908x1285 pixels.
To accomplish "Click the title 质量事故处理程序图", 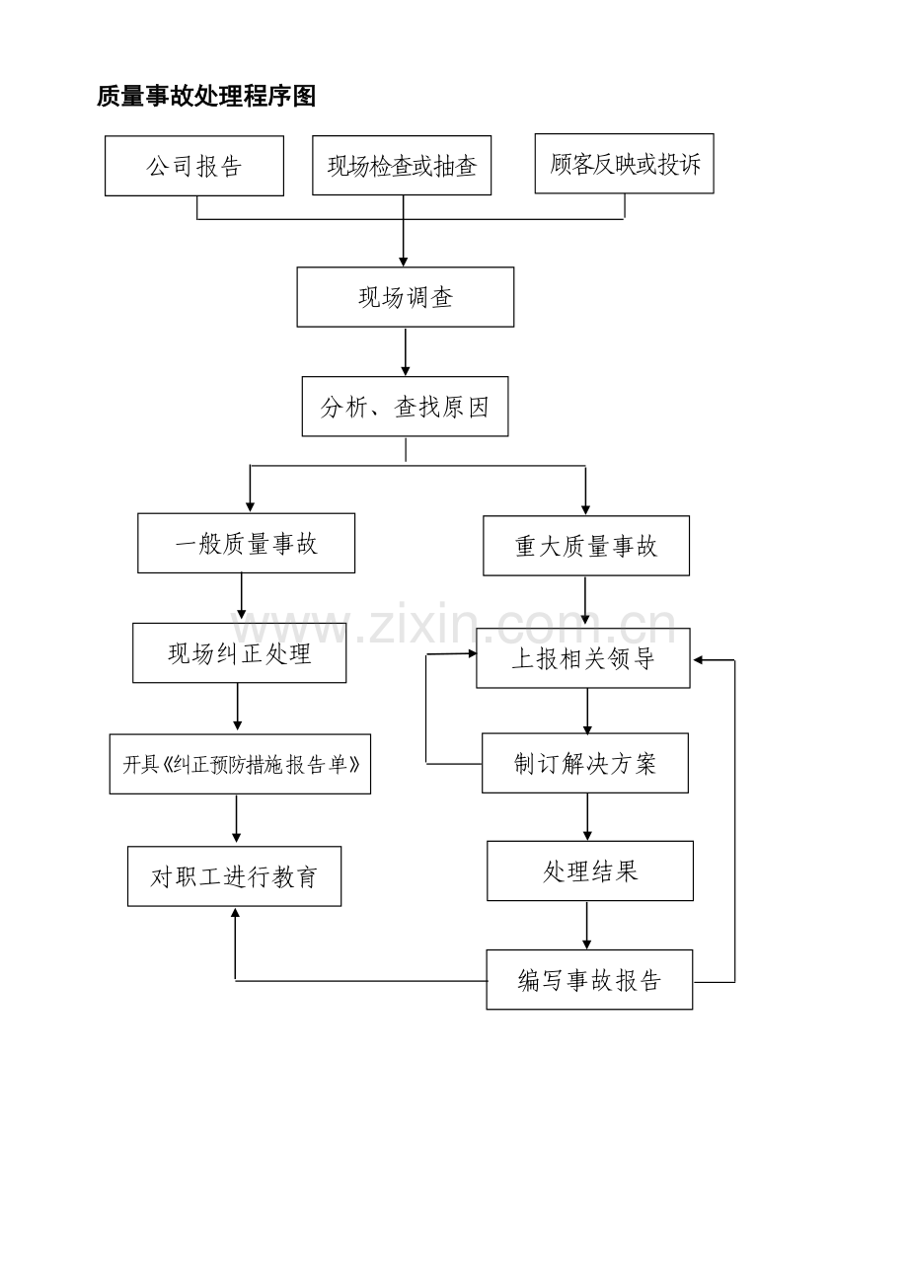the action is tap(206, 96).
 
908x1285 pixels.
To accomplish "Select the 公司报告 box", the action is tap(194, 166).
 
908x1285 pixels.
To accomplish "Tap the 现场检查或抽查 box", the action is tap(402, 165).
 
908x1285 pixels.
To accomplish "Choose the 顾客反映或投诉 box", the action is tap(624, 164).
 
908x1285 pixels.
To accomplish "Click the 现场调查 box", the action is tap(406, 297).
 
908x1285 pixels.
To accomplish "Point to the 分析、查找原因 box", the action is tap(405, 407).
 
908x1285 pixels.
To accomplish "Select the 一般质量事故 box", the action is tap(246, 543).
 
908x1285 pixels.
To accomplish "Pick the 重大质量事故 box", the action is tap(586, 546).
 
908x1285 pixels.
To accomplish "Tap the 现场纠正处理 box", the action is tap(239, 653).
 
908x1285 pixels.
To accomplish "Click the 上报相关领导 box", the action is tap(583, 658).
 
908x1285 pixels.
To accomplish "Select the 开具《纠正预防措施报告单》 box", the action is tap(240, 764).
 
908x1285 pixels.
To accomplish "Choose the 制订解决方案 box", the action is tap(585, 763).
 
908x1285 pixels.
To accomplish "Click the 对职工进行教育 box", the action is tap(235, 876).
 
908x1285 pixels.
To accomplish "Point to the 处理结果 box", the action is tap(590, 870).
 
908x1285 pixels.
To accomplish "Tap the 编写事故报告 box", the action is tap(589, 980).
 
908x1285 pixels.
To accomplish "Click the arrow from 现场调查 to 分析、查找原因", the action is tap(406, 352).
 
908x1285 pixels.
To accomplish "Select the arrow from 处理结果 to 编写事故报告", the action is tap(587, 926).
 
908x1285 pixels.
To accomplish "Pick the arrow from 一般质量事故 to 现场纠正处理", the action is tap(242, 596).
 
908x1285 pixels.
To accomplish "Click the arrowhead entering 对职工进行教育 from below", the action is tap(235, 912).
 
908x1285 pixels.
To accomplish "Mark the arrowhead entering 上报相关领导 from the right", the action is tap(698, 660).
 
